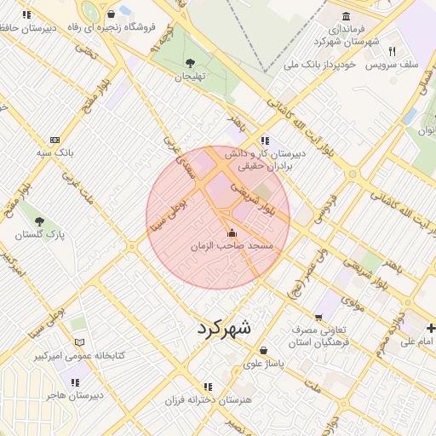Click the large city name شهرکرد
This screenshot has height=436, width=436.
point(225,328)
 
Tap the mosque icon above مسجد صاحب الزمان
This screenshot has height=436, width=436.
point(231,232)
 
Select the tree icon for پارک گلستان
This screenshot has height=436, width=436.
point(39,221)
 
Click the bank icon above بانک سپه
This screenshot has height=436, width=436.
point(55,140)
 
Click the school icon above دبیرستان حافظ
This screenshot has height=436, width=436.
point(27,14)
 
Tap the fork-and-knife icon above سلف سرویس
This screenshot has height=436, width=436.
point(392,51)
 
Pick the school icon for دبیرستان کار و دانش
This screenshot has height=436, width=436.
point(266,141)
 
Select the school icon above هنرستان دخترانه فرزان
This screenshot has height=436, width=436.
point(209,386)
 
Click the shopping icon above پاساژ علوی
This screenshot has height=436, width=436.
point(263,350)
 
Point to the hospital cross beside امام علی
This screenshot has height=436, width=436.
point(431,328)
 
